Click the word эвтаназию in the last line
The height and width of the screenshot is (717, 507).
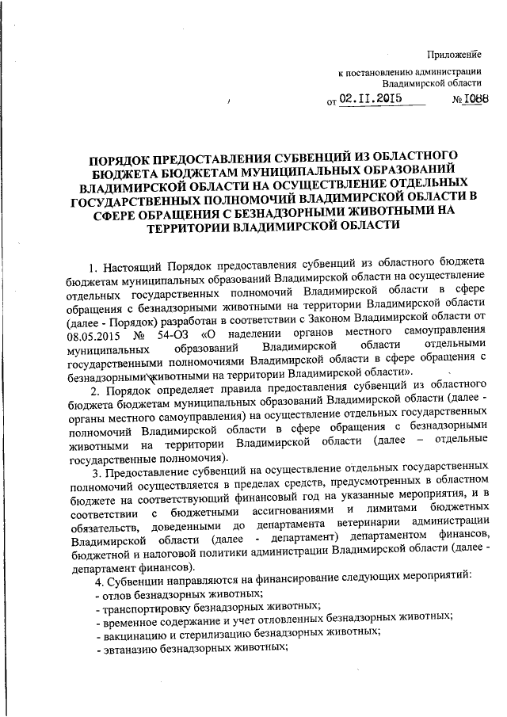coord(126,646)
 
